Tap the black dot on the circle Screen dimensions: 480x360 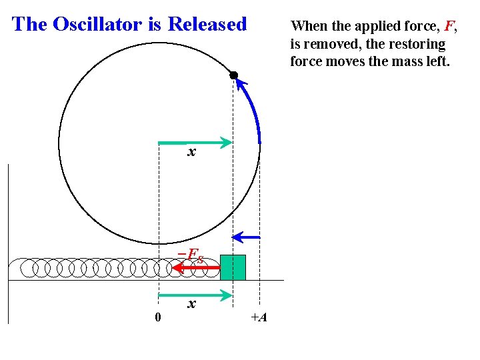coord(234,75)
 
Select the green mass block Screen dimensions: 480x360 coord(233,267)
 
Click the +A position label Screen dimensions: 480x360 coord(259,317)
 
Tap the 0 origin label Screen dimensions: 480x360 coord(157,317)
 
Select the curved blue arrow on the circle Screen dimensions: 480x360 coord(252,107)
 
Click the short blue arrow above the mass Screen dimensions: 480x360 coord(246,237)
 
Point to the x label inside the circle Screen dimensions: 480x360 coord(191,153)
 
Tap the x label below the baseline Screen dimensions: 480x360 coord(191,305)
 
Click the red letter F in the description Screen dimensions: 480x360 coord(449,27)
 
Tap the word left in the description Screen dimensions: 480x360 coord(438,62)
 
